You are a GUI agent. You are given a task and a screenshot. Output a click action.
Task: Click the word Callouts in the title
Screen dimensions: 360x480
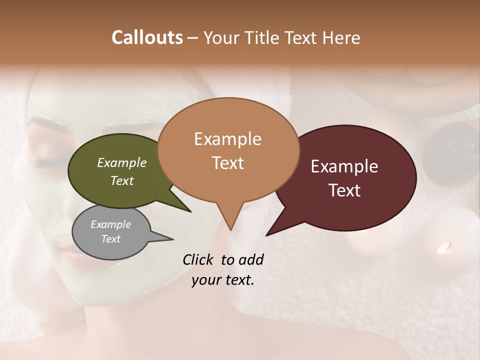coord(147,37)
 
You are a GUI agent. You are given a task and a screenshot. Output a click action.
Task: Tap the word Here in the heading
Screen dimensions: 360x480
coord(341,37)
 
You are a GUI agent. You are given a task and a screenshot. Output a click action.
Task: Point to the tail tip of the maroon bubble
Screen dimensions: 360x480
coord(267,235)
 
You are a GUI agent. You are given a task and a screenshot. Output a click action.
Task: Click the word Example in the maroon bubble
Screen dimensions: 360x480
coord(344,166)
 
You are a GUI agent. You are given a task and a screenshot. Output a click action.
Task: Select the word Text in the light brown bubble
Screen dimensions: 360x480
coord(228,163)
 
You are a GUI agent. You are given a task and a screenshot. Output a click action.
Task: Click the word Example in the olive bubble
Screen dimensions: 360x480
coord(122,162)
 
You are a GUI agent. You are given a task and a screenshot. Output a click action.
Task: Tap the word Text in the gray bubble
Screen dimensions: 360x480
coord(111,239)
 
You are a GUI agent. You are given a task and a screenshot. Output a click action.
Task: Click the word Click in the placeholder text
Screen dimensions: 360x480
coord(199,259)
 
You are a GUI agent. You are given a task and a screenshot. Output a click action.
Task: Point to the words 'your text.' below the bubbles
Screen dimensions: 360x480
coord(223,280)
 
